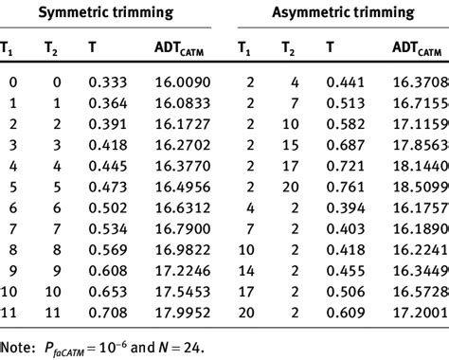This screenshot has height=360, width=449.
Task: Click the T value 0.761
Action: (x=343, y=187)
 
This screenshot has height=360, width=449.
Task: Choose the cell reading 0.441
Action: (x=343, y=83)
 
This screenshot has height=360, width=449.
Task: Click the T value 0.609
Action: (x=343, y=312)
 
